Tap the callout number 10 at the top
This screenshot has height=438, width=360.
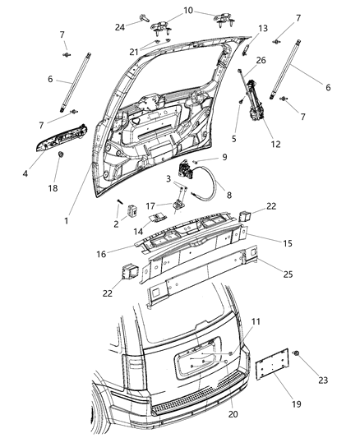click(188, 11)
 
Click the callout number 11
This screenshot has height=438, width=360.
click(256, 321)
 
